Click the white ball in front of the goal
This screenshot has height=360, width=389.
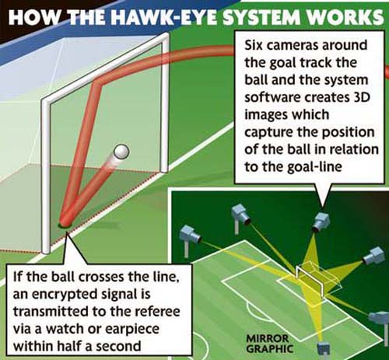121,152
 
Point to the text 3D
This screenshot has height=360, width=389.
361,97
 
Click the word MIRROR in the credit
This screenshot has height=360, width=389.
268,338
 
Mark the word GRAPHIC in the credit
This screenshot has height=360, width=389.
269,349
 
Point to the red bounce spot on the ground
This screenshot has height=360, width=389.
65,224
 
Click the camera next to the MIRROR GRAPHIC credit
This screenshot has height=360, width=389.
324,348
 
